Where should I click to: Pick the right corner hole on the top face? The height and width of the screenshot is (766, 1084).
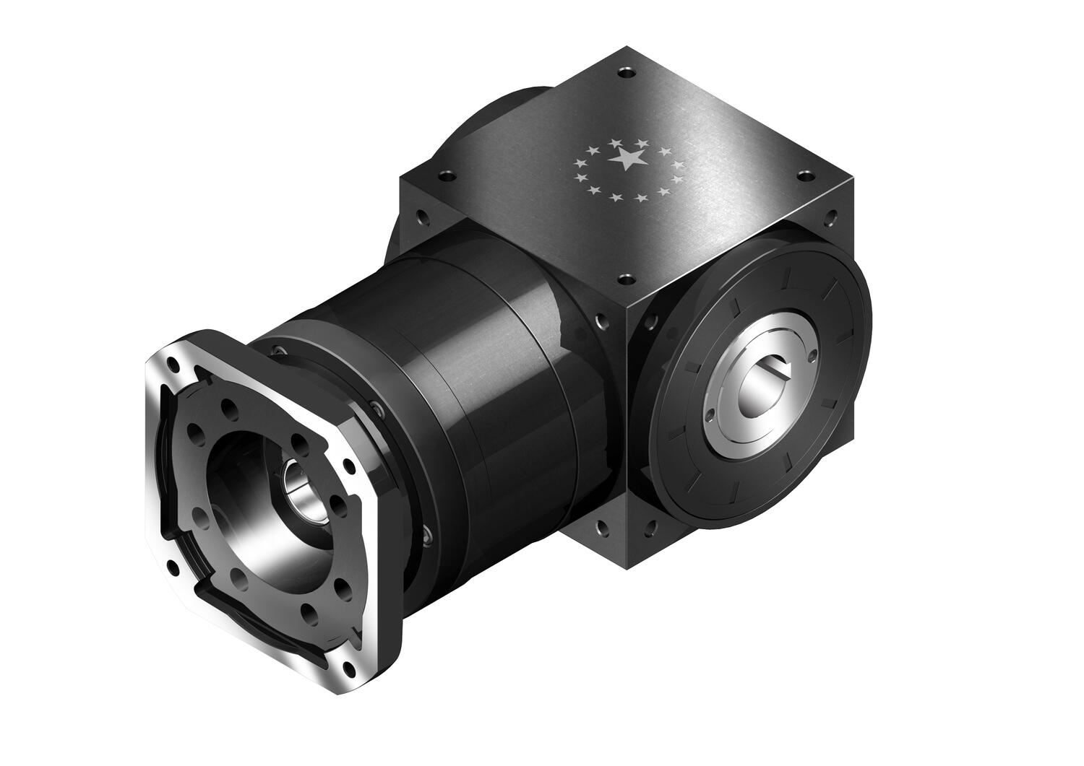pyautogui.click(x=804, y=174)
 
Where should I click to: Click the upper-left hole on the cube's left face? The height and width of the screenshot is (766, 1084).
pyautogui.click(x=419, y=216)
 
